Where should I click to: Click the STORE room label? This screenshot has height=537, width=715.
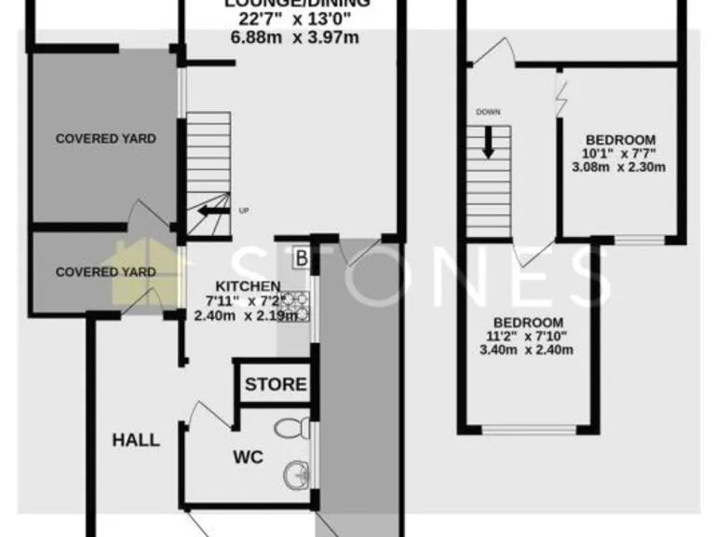click(x=276, y=384)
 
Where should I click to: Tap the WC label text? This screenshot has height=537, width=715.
click(x=249, y=457)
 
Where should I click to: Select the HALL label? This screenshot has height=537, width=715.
click(x=136, y=439)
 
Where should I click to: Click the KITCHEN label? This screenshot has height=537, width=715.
click(x=248, y=285)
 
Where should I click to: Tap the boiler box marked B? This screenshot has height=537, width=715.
click(x=302, y=257)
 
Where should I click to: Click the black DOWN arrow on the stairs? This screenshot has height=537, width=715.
click(x=488, y=143)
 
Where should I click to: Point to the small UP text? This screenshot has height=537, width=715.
click(x=245, y=210)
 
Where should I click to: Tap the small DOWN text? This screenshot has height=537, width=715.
click(x=488, y=112)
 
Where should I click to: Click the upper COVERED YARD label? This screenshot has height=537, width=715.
click(x=105, y=139)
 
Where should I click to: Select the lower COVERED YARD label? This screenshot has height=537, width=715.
click(x=105, y=272)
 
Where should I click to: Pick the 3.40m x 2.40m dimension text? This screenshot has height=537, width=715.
click(x=526, y=351)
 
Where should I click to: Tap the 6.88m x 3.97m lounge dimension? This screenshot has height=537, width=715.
click(x=294, y=38)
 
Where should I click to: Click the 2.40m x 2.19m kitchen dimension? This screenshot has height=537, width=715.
click(x=247, y=315)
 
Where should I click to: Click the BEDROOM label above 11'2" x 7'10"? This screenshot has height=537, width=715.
click(x=526, y=322)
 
